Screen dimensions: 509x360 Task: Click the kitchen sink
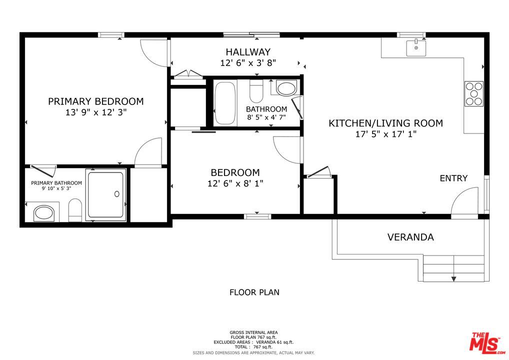pos(416,48)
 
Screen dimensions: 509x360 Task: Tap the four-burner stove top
pos(474,93)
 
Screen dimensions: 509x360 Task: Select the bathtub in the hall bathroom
pos(225,103)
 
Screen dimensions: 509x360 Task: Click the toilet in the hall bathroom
pos(256,91)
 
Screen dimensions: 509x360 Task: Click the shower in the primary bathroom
pos(106,195)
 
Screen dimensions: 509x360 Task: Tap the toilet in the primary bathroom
pos(75,210)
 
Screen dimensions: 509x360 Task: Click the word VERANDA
pos(410,237)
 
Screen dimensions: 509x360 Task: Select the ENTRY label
pos(453,178)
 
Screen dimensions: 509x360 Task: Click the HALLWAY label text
pos(248,52)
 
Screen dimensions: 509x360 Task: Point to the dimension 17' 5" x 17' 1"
pos(385,133)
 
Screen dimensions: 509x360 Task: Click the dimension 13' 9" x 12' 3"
pos(96,112)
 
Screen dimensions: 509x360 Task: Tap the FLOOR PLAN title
pos(254,292)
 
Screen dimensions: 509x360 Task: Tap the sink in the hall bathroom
pos(285,88)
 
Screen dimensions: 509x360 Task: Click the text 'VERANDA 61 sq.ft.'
pos(274,342)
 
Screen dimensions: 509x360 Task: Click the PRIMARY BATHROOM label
pos(56,183)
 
